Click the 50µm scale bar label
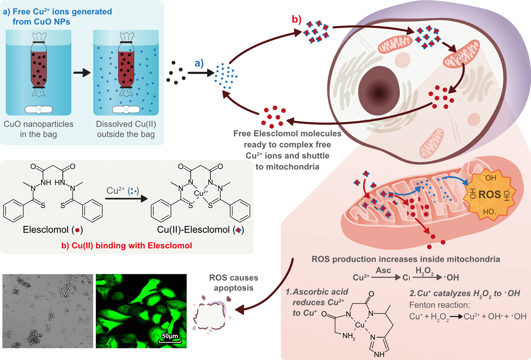click(170, 336)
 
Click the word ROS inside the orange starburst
click(489, 194)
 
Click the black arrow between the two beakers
click(82, 73)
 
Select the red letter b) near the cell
click(297, 19)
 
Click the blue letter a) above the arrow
click(199, 63)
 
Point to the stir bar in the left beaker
click(39, 109)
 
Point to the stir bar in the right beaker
click(126, 109)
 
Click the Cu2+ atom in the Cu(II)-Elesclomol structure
click(200, 193)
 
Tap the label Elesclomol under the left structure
click(45, 230)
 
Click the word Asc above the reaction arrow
click(383, 270)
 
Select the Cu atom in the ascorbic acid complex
click(359, 325)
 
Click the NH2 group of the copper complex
click(349, 336)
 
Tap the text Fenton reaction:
click(440, 305)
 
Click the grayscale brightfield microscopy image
click(48, 311)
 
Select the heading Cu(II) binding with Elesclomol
click(127, 245)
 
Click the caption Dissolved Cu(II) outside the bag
click(126, 129)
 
